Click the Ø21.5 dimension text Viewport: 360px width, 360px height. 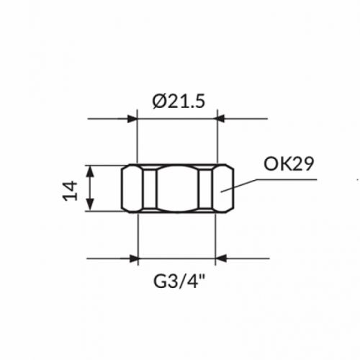click(179, 102)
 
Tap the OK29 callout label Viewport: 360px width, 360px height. click(287, 164)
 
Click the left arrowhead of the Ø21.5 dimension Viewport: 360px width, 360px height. click(131, 119)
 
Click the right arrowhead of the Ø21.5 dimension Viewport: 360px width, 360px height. click(222, 119)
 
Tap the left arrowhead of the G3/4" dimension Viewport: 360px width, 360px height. click(131, 258)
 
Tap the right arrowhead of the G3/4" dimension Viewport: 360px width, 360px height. click(222, 258)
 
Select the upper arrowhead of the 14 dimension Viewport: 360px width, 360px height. click(91, 171)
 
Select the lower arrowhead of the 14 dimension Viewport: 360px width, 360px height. click(91, 207)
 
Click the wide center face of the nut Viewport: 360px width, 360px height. click(177, 189)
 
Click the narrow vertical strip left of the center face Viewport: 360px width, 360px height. click(149, 189)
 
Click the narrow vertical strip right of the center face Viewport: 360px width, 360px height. click(206, 189)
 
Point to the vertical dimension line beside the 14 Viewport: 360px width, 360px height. click(91, 189)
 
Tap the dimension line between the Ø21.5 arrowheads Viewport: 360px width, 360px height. click(177, 119)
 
